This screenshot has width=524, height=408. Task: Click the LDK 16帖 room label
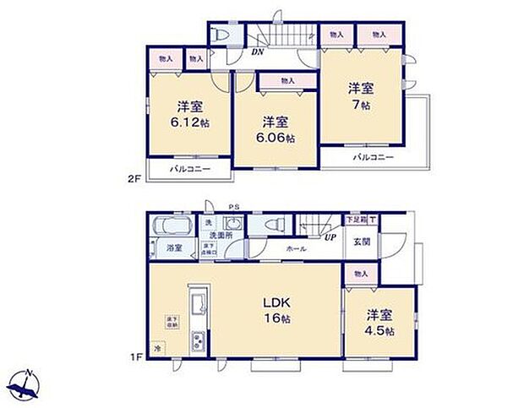(273, 309)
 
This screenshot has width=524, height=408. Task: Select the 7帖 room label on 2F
(362, 96)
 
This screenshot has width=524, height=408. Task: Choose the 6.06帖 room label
(274, 128)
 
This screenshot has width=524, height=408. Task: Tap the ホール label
(297, 250)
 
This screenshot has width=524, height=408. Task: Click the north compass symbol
(27, 384)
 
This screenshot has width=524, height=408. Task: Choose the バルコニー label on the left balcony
(189, 170)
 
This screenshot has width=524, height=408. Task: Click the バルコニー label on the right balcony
(373, 157)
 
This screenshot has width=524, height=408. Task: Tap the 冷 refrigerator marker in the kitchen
(157, 347)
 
